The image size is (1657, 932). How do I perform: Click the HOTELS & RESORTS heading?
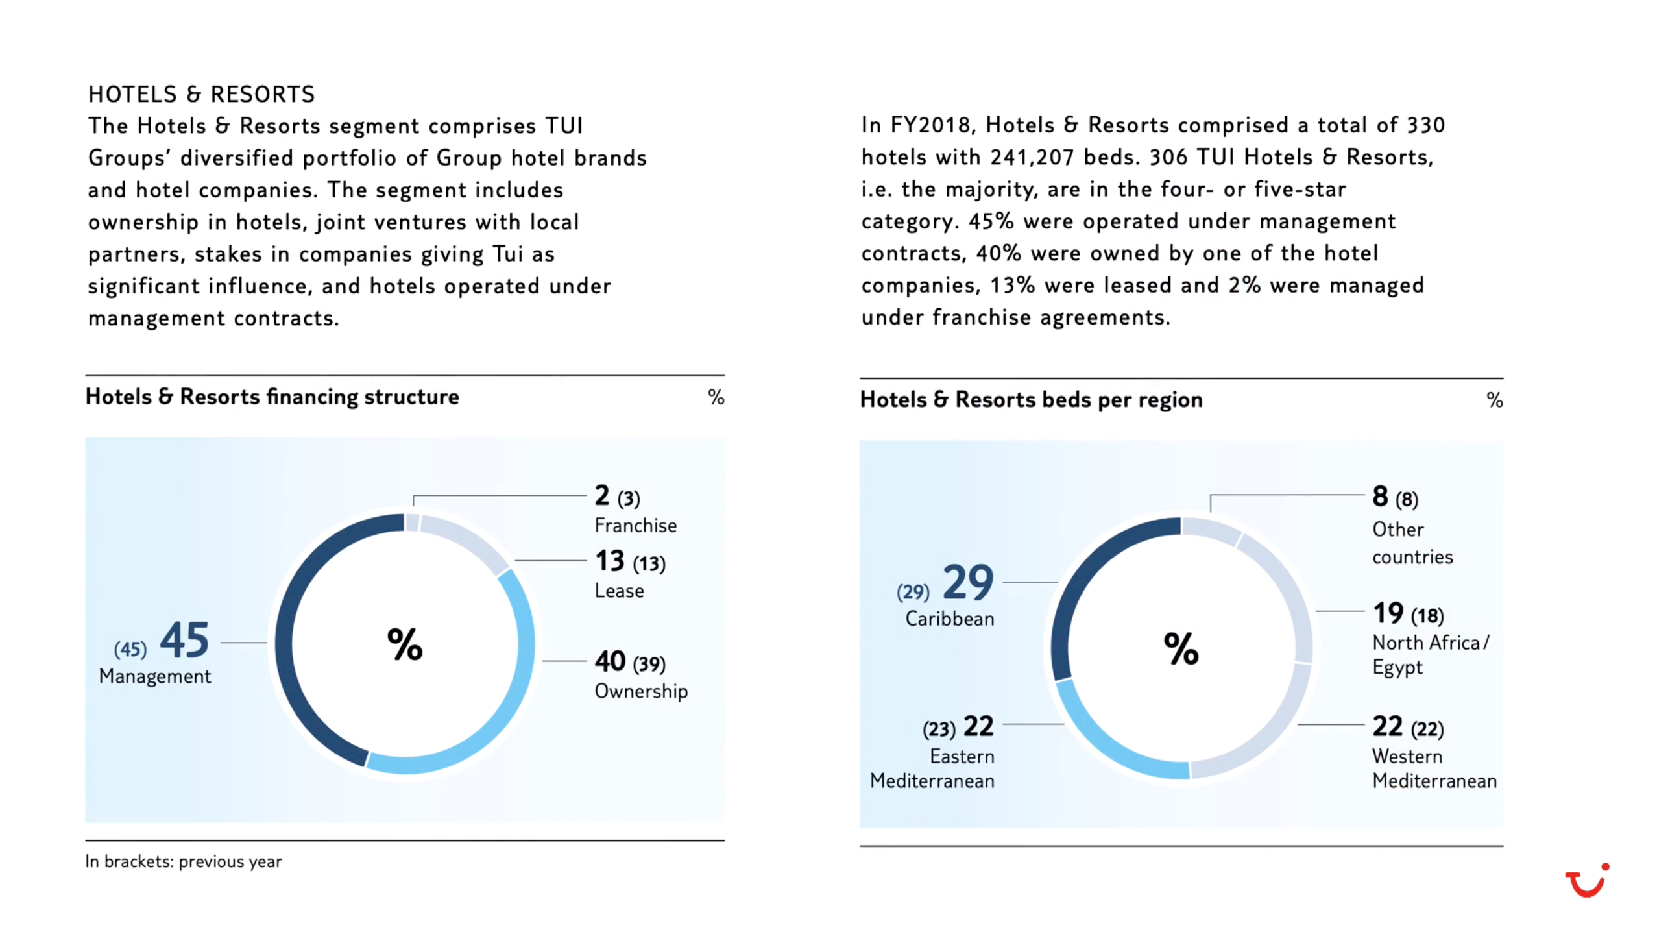click(x=201, y=95)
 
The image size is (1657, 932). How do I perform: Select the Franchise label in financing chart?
click(x=635, y=525)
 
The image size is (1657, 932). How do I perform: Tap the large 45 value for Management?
click(x=184, y=640)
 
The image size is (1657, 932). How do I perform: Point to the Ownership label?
click(x=640, y=691)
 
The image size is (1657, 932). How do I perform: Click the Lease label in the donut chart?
click(x=619, y=591)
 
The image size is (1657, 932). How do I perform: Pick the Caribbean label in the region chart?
click(x=949, y=619)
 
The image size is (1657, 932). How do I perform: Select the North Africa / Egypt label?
click(x=1429, y=654)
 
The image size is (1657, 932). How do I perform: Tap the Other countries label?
click(x=1412, y=543)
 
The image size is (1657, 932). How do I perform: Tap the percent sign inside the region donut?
click(x=1181, y=648)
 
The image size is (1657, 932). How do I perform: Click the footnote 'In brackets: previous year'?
click(x=183, y=861)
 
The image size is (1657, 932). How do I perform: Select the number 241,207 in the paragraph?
click(x=1032, y=157)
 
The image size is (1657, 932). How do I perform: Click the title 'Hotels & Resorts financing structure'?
click(x=272, y=397)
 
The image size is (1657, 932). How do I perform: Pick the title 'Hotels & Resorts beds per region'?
click(x=1031, y=399)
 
